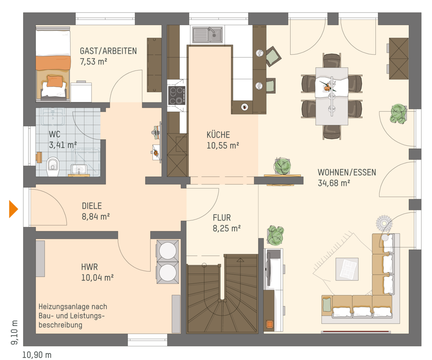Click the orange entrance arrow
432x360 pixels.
tap(13, 209)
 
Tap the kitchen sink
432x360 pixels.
tap(207, 35)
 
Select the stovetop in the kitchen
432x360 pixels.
tap(176, 95)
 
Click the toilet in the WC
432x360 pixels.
tap(53, 166)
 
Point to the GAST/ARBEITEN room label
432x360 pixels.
tap(108, 51)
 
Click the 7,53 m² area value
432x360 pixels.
tap(94, 62)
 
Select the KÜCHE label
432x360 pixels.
tap(218, 135)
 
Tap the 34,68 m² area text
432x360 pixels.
tap(334, 183)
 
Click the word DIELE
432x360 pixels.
tap(92, 206)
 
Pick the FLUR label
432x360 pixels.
tap(222, 218)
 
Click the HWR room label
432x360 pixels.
tap(89, 267)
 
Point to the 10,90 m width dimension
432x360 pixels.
tap(37, 355)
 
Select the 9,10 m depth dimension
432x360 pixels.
tap(14, 333)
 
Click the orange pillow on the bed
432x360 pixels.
tap(55, 81)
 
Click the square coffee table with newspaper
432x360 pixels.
tap(347, 269)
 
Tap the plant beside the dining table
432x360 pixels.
tap(399, 114)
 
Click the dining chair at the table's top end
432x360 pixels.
tap(332, 61)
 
